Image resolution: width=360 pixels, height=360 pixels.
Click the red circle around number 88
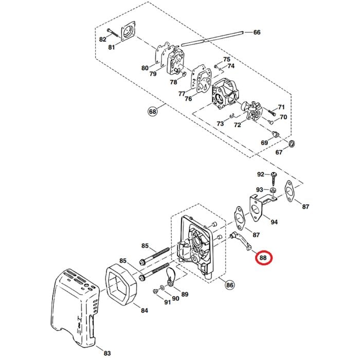[x=264, y=257]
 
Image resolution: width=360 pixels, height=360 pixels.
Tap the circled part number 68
[x=152, y=112]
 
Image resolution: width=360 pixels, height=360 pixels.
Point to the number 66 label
[x=257, y=32]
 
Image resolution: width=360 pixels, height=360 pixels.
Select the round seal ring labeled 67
[x=292, y=142]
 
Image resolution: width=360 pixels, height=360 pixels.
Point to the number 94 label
[x=274, y=222]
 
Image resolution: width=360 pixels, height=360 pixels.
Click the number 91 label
[x=166, y=302]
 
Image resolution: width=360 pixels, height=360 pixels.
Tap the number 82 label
[x=102, y=39]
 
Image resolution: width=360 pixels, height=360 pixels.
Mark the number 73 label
[x=220, y=124]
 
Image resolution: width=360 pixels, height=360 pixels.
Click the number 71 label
[x=281, y=107]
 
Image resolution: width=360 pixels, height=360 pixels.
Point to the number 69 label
[x=264, y=142]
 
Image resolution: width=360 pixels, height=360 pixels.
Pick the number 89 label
[x=185, y=294]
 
